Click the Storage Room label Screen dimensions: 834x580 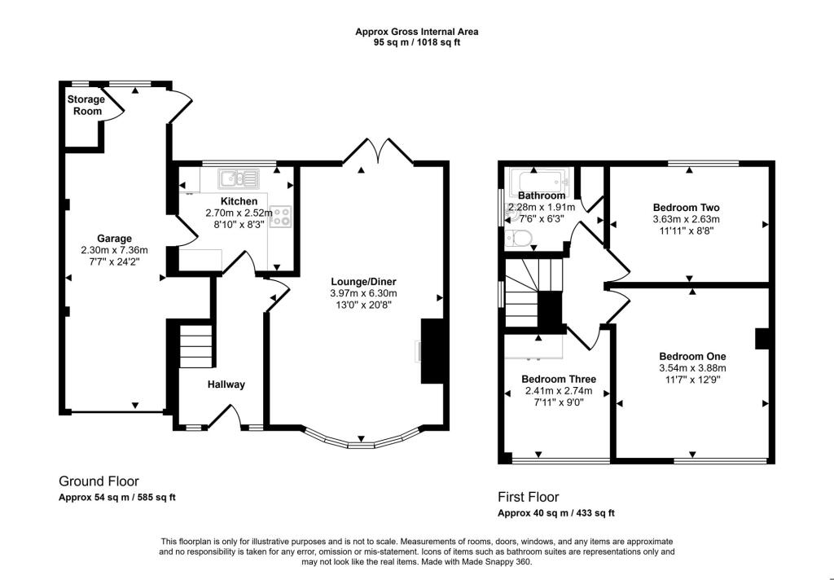click(86, 105)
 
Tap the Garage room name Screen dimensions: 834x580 click(114, 239)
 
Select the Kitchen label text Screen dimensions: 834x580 click(239, 201)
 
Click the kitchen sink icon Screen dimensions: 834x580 click(239, 178)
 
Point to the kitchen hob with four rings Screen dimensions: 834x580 click(281, 217)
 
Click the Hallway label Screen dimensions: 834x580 click(226, 384)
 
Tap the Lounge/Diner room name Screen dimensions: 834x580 click(363, 282)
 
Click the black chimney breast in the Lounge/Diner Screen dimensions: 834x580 click(432, 351)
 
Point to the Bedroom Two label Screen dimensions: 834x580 click(686, 208)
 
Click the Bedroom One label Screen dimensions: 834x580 click(692, 357)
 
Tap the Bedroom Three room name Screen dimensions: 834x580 click(559, 379)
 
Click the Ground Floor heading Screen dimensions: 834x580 click(99, 481)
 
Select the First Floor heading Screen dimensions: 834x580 click(528, 497)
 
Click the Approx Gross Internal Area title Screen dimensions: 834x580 click(417, 32)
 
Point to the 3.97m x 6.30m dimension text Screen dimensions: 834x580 click(363, 293)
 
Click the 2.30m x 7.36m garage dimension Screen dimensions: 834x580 click(114, 250)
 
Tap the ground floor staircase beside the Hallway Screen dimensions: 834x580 click(195, 346)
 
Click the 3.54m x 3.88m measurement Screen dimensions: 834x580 click(692, 368)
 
